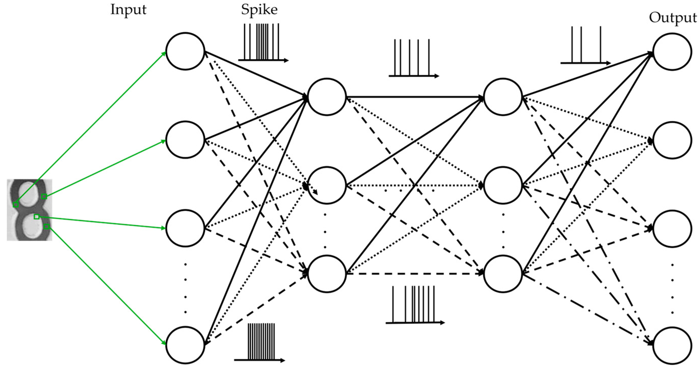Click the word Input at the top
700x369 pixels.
pyautogui.click(x=128, y=10)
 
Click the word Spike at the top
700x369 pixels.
pyautogui.click(x=259, y=10)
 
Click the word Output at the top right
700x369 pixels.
pyautogui.click(x=673, y=18)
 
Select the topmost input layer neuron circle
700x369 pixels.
pyautogui.click(x=185, y=51)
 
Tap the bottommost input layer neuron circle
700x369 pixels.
pyautogui.click(x=185, y=345)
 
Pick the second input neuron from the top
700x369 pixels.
pyautogui.click(x=185, y=140)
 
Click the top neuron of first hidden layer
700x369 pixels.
pyautogui.click(x=327, y=97)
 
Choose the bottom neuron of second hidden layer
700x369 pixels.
pyautogui.click(x=503, y=274)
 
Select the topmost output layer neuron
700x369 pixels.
pyautogui.click(x=672, y=52)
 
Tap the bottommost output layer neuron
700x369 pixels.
pyautogui.click(x=672, y=346)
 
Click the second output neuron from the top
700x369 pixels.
pyautogui.click(x=672, y=140)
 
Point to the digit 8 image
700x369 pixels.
pyautogui.click(x=29, y=210)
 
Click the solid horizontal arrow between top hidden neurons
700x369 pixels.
pyautogui.click(x=414, y=97)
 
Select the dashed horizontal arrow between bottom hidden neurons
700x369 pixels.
pyautogui.click(x=414, y=274)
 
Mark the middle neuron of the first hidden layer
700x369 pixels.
pyautogui.click(x=327, y=185)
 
